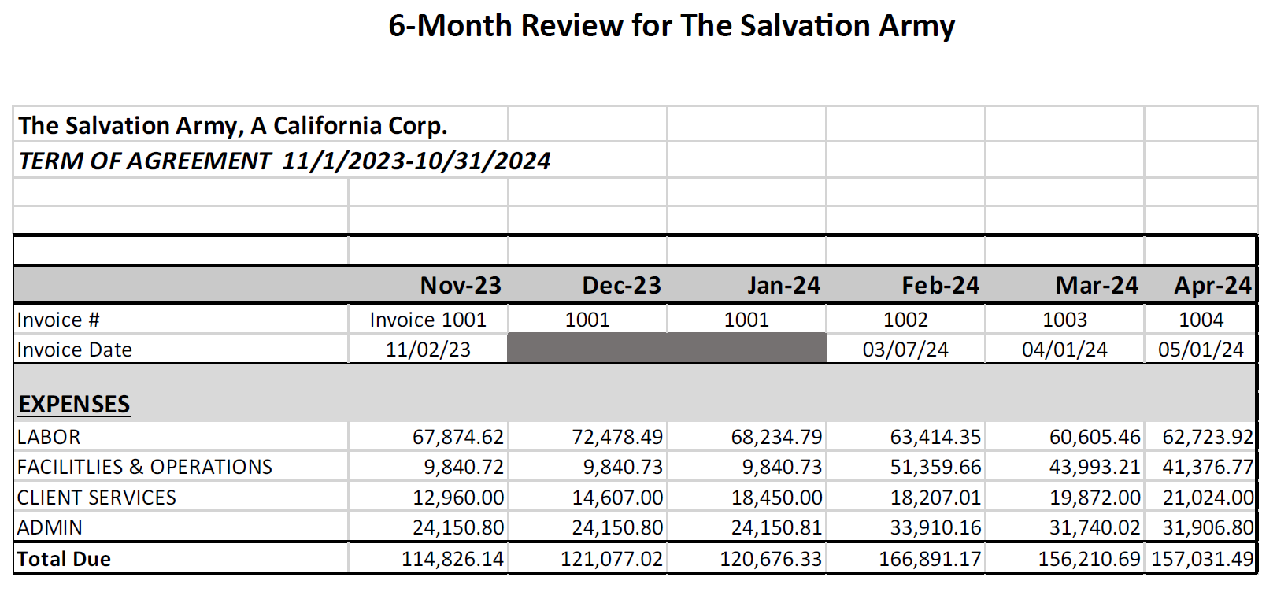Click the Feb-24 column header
click(940, 285)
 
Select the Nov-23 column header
click(461, 285)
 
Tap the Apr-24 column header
click(1212, 285)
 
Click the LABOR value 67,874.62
click(457, 437)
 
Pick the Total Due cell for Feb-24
click(930, 559)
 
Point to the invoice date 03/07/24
click(905, 350)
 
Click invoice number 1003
click(1064, 320)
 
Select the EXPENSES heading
click(74, 404)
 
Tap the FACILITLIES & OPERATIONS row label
click(145, 467)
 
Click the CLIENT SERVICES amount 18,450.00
click(776, 498)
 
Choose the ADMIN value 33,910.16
click(935, 527)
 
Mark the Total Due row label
click(64, 559)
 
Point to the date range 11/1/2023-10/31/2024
click(416, 161)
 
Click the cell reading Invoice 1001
click(427, 320)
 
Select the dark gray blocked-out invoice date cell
click(667, 348)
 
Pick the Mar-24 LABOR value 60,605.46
click(1094, 437)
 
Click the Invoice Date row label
click(75, 350)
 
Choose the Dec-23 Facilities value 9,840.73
click(623, 467)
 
